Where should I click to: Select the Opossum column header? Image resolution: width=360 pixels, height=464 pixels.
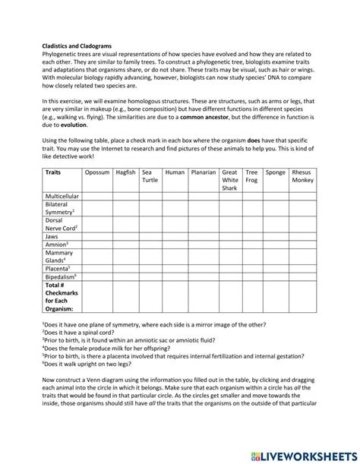[x=97, y=173]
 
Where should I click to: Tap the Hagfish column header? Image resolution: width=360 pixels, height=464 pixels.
[x=126, y=173]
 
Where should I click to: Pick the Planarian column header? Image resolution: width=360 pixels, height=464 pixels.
[x=204, y=173]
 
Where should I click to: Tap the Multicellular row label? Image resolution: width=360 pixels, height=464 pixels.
[x=63, y=196]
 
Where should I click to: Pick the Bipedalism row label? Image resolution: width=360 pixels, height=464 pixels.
[x=62, y=277]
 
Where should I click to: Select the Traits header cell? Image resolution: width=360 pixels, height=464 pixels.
[x=54, y=173]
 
